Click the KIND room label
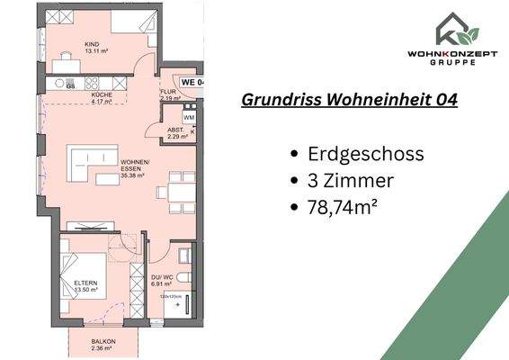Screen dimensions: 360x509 pos(91,47)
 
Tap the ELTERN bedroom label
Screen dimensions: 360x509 pos(85,288)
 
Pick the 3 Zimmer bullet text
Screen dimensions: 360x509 pos(352,182)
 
